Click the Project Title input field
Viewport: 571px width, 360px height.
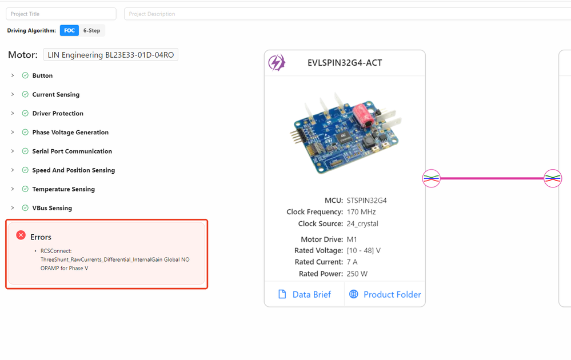[61, 14]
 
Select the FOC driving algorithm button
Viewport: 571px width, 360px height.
[69, 31]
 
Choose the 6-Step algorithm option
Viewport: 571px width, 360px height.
[92, 31]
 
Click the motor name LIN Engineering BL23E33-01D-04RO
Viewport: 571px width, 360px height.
[111, 55]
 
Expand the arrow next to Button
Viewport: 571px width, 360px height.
[13, 75]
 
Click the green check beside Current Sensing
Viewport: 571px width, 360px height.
[25, 94]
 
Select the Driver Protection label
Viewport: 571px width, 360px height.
[58, 113]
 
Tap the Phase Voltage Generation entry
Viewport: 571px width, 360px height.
[70, 132]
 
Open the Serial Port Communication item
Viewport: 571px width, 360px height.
[72, 151]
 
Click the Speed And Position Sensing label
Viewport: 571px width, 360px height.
[74, 170]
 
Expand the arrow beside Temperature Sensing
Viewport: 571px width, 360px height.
[13, 189]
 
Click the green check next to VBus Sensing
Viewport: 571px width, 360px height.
[25, 208]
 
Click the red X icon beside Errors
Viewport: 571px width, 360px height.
[21, 235]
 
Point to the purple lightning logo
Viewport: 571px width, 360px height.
[277, 63]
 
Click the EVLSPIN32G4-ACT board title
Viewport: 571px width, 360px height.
[345, 63]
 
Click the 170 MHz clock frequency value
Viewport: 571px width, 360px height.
[361, 212]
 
